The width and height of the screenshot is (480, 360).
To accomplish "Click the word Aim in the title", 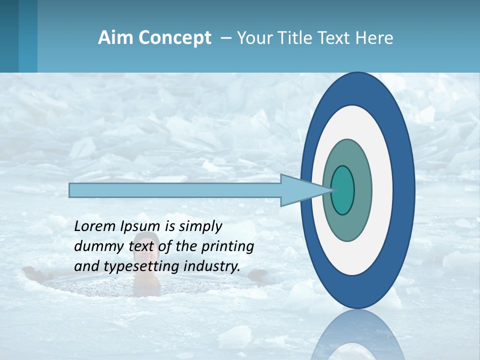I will tap(115, 38).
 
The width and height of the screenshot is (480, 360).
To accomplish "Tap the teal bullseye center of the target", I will tap(343, 190).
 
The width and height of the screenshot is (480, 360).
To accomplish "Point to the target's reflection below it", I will tap(358, 335).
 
